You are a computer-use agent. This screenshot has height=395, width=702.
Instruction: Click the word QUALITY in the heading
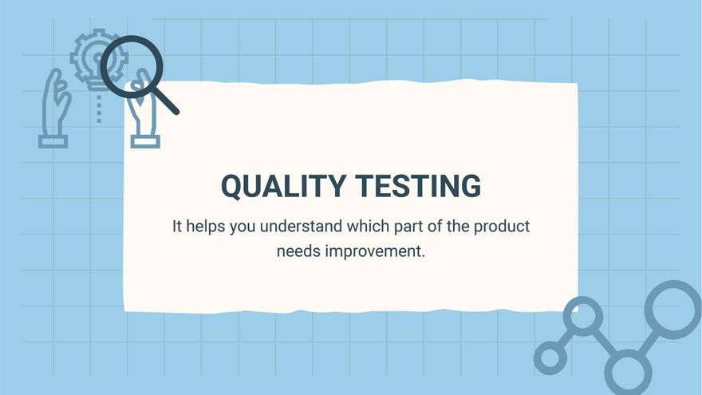283,186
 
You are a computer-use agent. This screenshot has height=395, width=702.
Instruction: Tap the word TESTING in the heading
418,186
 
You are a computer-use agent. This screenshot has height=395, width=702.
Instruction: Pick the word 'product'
502,227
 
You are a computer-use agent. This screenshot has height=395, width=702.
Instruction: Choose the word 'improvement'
375,251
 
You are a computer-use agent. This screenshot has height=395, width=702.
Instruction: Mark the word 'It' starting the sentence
177,226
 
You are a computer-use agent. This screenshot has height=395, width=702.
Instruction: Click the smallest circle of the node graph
550,358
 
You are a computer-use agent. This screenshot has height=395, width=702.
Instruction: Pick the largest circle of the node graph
673,310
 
